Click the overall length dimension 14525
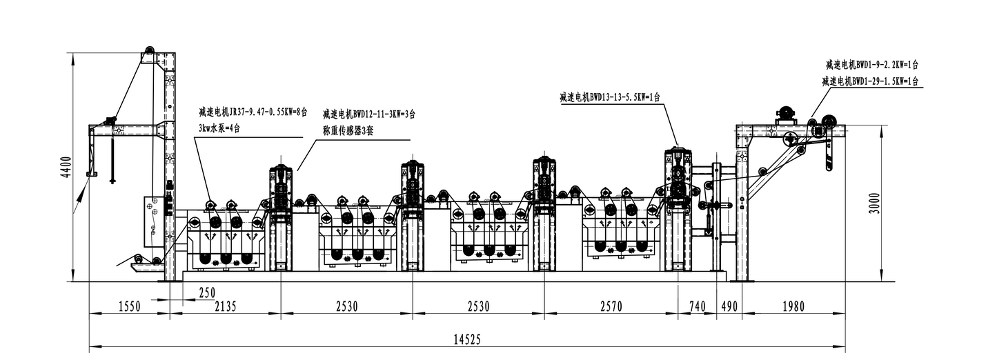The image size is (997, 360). (x=467, y=339)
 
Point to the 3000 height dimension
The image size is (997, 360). (x=874, y=203)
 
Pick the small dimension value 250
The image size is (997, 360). (x=207, y=293)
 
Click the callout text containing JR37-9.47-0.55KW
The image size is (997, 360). (x=253, y=112)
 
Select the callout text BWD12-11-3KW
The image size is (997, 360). (x=368, y=114)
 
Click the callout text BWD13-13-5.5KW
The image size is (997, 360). (x=610, y=97)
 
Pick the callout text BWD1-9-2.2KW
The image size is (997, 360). (x=871, y=65)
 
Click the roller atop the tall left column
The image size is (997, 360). (x=149, y=52)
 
